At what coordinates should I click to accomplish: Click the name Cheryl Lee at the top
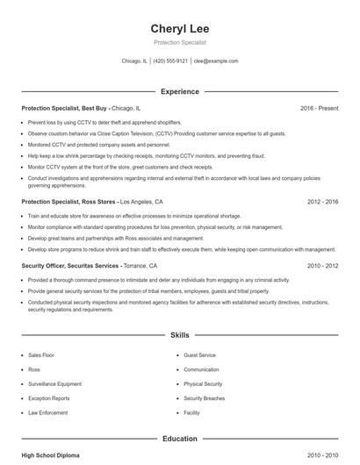pyautogui.click(x=179, y=29)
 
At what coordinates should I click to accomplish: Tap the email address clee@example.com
pyautogui.click(x=215, y=61)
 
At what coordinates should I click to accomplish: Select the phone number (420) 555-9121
pyautogui.click(x=171, y=61)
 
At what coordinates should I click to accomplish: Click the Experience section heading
pyautogui.click(x=179, y=91)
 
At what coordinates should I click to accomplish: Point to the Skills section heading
pyautogui.click(x=179, y=335)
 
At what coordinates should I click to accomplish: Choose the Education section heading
pyautogui.click(x=179, y=438)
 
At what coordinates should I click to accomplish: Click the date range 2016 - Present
pyautogui.click(x=319, y=108)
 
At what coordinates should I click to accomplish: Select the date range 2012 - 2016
pyautogui.click(x=323, y=201)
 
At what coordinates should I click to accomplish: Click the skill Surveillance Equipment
pyautogui.click(x=54, y=383)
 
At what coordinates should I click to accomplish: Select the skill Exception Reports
pyautogui.click(x=49, y=397)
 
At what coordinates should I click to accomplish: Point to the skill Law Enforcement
pyautogui.click(x=47, y=411)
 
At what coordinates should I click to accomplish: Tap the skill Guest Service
pyautogui.click(x=199, y=355)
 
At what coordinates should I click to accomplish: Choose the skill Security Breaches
pyautogui.click(x=205, y=397)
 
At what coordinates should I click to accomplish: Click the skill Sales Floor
pyautogui.click(x=41, y=355)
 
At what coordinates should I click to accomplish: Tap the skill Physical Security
pyautogui.click(x=203, y=383)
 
